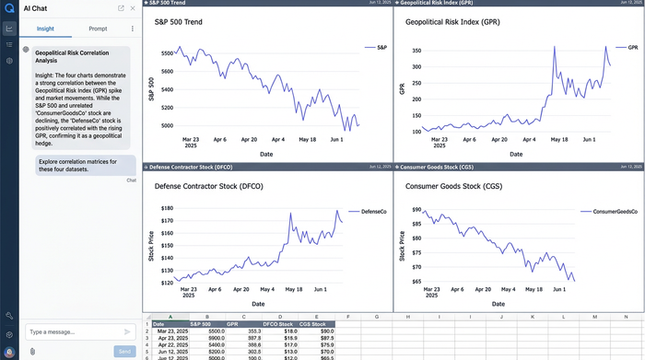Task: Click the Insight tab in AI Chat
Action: point(45,29)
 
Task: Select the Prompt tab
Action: point(98,29)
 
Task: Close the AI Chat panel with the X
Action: point(134,7)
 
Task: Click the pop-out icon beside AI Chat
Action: point(122,7)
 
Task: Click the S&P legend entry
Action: point(381,46)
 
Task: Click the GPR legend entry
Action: point(632,46)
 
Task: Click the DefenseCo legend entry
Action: point(373,211)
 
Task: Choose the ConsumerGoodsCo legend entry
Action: point(607,211)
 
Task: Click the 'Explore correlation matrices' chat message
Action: point(77,165)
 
